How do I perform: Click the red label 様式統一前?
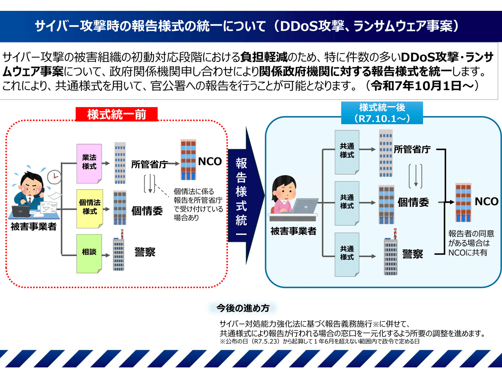point(117,114)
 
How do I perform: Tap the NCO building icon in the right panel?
point(464,202)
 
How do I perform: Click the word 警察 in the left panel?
point(145,252)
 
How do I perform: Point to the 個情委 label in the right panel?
point(413,202)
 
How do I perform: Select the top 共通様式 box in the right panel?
point(347,152)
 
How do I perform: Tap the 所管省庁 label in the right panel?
point(412,150)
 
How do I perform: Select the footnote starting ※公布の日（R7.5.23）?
point(320,341)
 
